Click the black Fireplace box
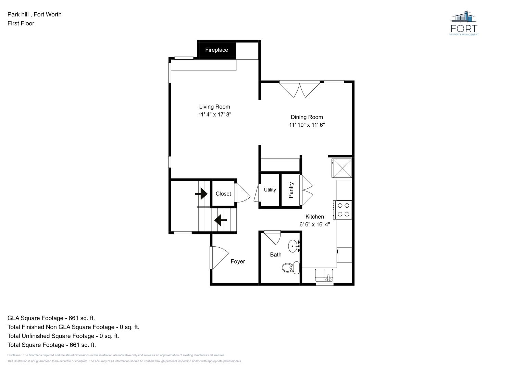coord(217,50)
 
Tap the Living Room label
coord(214,107)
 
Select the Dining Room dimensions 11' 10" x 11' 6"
coord(307,125)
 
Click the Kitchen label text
coord(314,217)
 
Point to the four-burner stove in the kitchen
coord(343,210)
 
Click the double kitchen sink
coord(324,275)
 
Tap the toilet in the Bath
coord(291,268)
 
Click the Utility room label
coord(270,190)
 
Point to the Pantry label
coord(291,190)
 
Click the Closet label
coord(223,194)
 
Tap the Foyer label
coord(238,261)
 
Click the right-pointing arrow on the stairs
coord(201,194)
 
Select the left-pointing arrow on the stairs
coord(221,220)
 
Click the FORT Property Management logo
coord(464,23)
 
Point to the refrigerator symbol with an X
coord(342,168)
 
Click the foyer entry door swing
coord(219,258)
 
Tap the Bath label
coord(276,255)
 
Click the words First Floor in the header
coord(21,23)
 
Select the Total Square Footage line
coord(52,345)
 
